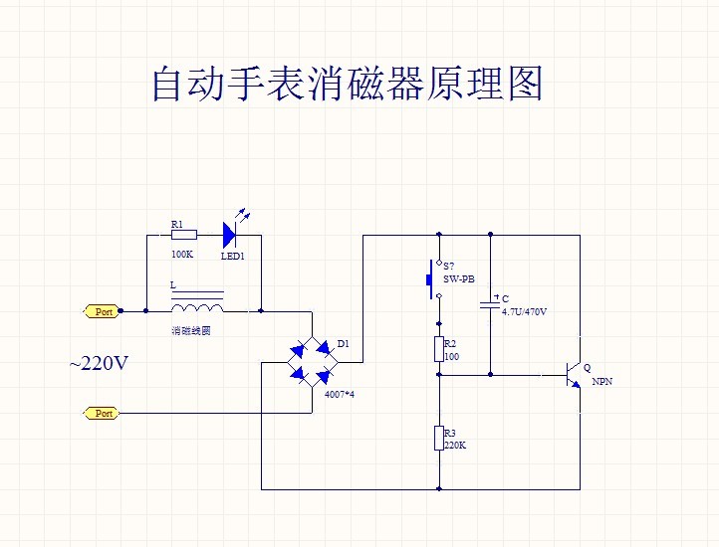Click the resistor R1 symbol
click(x=184, y=235)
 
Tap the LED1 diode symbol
click(x=229, y=235)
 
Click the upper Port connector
click(x=103, y=311)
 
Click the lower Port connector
click(x=103, y=413)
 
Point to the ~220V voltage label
click(x=99, y=364)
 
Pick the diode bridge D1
click(x=311, y=362)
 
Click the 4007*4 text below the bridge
click(x=340, y=395)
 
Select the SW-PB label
click(x=459, y=280)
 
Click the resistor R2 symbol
click(x=439, y=348)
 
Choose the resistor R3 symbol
click(x=439, y=438)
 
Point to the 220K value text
click(x=455, y=445)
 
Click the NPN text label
click(x=602, y=381)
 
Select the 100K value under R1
click(x=181, y=254)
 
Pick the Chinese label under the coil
click(x=191, y=330)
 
